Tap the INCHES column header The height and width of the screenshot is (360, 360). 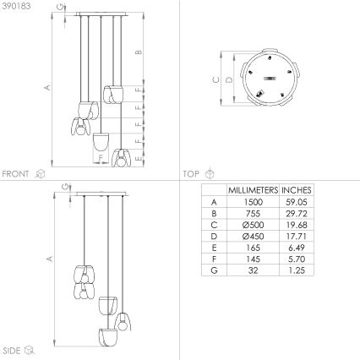297,190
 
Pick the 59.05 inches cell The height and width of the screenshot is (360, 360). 297,203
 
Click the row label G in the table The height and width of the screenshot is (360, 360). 214,269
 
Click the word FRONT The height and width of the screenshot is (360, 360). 15,173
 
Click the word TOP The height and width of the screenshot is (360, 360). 192,173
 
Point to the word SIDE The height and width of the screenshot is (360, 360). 12,348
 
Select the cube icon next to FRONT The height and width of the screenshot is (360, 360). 39,173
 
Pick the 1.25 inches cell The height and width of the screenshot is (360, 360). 297,269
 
